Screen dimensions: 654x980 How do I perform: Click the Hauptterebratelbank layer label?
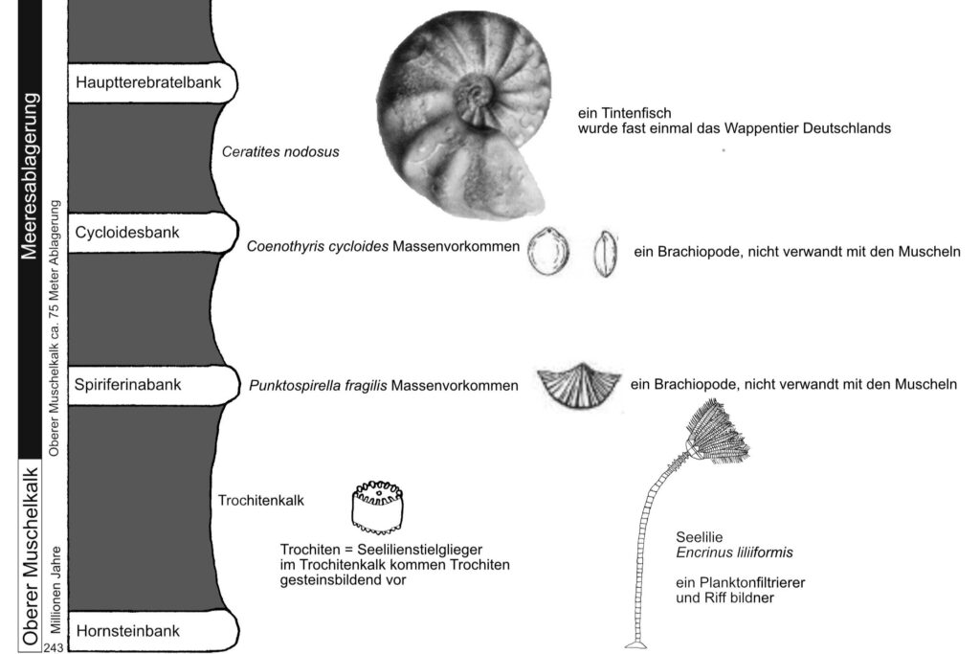click(148, 82)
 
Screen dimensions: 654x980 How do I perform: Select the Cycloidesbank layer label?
click(128, 232)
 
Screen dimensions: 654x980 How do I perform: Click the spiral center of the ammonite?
click(472, 96)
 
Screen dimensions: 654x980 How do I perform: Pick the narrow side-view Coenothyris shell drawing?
click(603, 254)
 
